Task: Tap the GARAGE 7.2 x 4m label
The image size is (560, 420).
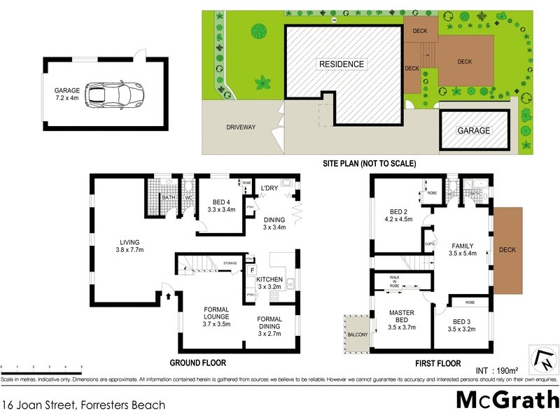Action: coord(69,94)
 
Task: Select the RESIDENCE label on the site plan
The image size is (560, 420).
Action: coord(342,64)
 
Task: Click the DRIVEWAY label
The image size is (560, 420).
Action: coord(240,127)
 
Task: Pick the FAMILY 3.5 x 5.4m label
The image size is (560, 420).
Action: coord(462,250)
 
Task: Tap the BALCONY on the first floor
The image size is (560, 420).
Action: coord(356,335)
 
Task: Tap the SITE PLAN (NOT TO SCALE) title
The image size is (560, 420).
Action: coord(369,163)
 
